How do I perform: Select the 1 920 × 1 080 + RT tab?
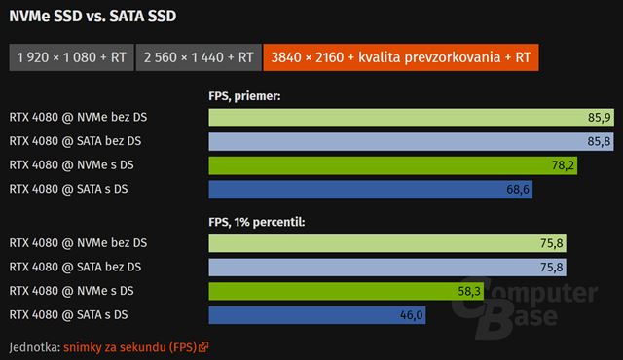coord(70,57)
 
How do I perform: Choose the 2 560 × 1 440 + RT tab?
coord(199,57)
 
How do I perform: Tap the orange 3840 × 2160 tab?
coord(401,57)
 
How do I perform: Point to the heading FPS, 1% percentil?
coord(257,221)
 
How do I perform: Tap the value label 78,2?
coord(564,165)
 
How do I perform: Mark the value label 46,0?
coord(412,314)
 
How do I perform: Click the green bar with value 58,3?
coord(331,291)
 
